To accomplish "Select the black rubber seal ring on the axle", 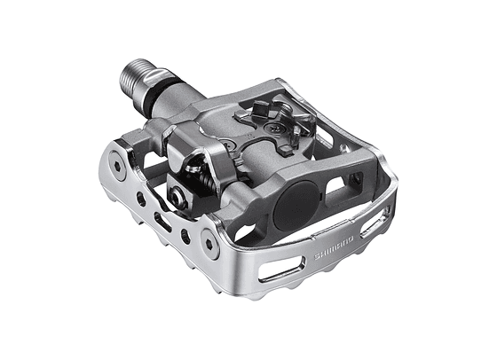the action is [159, 92].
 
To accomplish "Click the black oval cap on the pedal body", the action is [296, 206].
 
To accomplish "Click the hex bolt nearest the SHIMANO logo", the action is [210, 244].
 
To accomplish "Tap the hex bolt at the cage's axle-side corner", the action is [117, 166].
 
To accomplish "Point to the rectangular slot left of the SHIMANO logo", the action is [282, 269].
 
